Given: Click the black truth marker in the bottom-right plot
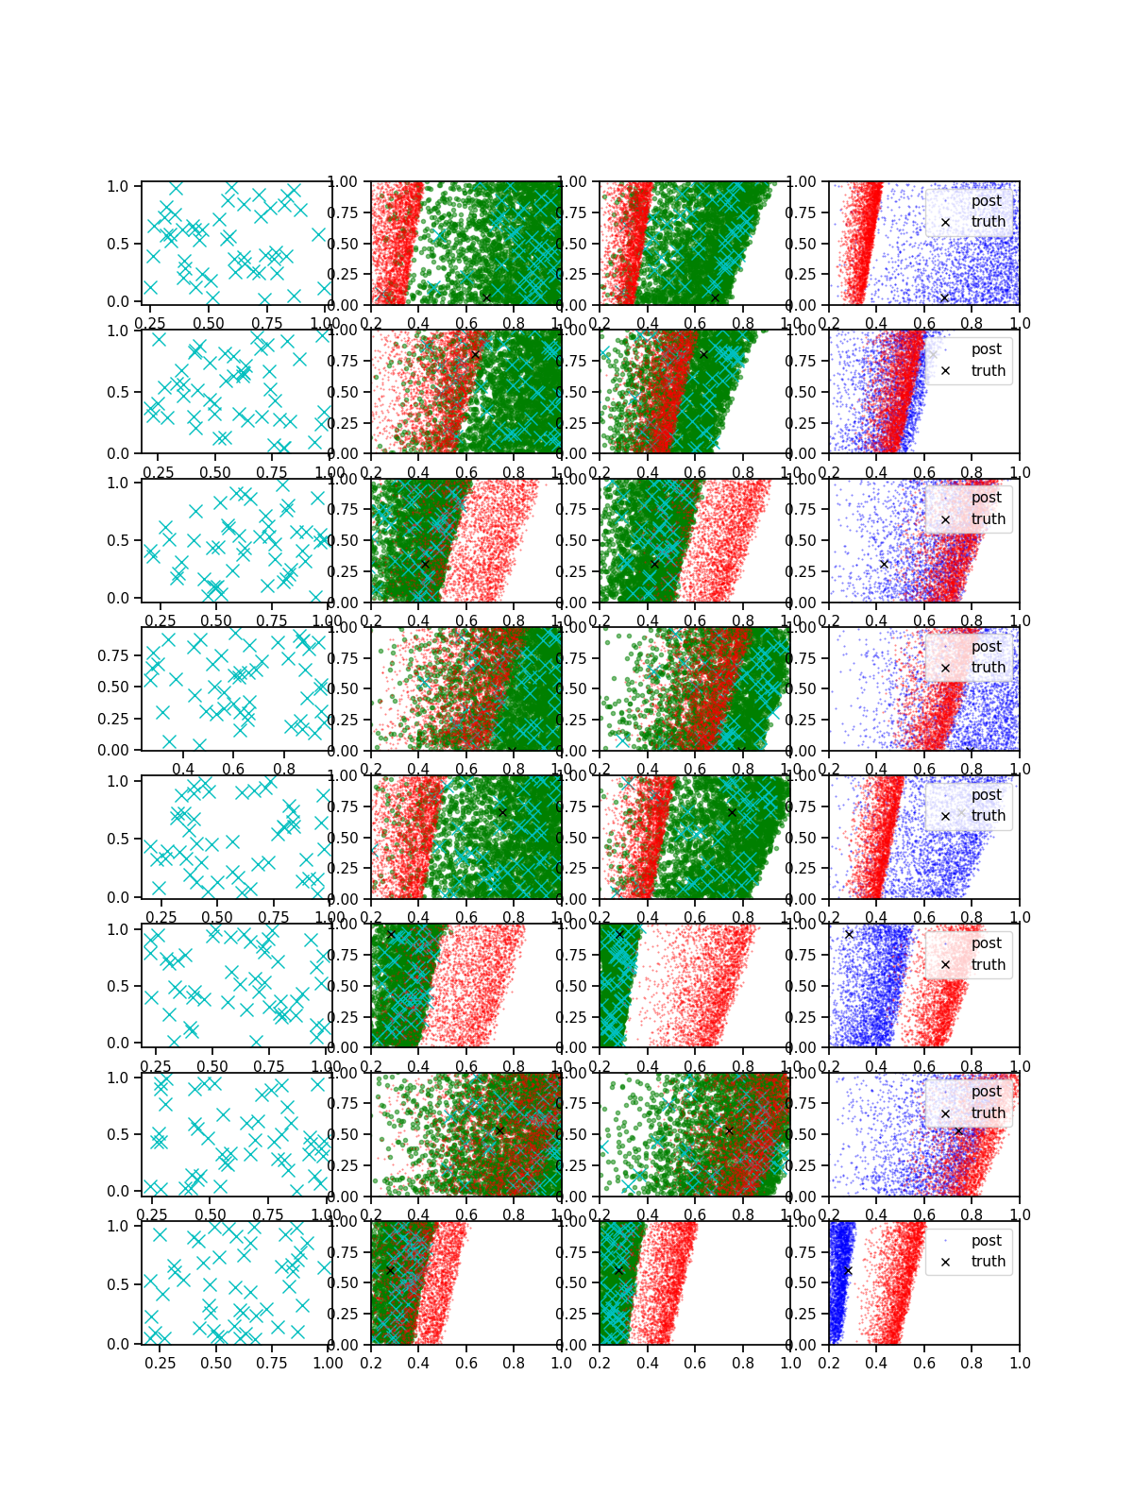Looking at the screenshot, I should click(x=847, y=1271).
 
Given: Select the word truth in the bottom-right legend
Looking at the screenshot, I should click(x=988, y=1262).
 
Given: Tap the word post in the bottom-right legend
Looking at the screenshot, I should click(x=986, y=1241).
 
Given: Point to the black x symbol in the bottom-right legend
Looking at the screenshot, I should click(x=945, y=1262).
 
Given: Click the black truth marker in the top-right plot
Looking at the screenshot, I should click(x=944, y=298).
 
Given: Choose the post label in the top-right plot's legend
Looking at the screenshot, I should click(x=986, y=201).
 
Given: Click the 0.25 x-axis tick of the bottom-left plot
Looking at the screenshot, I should click(x=161, y=1364).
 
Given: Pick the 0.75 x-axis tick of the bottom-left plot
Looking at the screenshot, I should click(x=273, y=1364).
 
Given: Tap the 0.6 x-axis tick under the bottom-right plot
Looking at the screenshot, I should click(x=924, y=1364).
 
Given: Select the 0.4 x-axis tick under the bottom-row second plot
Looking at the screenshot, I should click(x=418, y=1364).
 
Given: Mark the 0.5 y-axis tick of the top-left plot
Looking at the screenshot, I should click(x=118, y=244).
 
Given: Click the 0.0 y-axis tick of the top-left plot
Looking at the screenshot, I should click(x=118, y=301).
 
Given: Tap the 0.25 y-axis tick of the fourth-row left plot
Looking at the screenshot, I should click(x=113, y=719).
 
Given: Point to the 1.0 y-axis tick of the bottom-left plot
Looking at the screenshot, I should click(x=118, y=1226).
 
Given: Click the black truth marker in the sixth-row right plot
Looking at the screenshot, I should click(x=849, y=934).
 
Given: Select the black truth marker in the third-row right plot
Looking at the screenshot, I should click(x=884, y=564).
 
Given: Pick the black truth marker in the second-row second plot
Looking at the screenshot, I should click(x=475, y=355).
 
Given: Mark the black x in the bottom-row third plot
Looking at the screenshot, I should click(x=618, y=1271).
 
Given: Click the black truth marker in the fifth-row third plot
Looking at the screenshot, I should click(x=732, y=812).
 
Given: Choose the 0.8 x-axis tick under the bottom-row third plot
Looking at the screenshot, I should click(x=743, y=1364).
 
